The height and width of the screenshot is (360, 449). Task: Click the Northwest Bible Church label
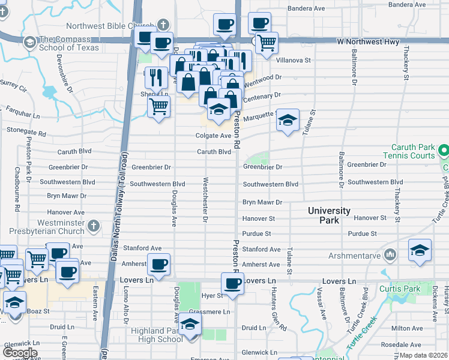point(110,26)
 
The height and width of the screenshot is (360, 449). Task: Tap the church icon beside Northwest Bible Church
point(163,25)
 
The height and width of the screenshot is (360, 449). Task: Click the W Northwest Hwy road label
point(367,42)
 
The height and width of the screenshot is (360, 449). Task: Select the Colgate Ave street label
point(213,136)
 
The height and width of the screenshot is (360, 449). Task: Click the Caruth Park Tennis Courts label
point(412,151)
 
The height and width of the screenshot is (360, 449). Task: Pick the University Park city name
point(329,215)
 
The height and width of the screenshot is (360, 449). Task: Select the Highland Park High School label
point(155,335)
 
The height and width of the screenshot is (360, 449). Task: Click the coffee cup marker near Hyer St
point(232,283)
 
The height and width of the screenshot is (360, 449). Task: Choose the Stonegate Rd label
point(26,130)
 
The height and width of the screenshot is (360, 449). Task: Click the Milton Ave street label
point(407,328)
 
